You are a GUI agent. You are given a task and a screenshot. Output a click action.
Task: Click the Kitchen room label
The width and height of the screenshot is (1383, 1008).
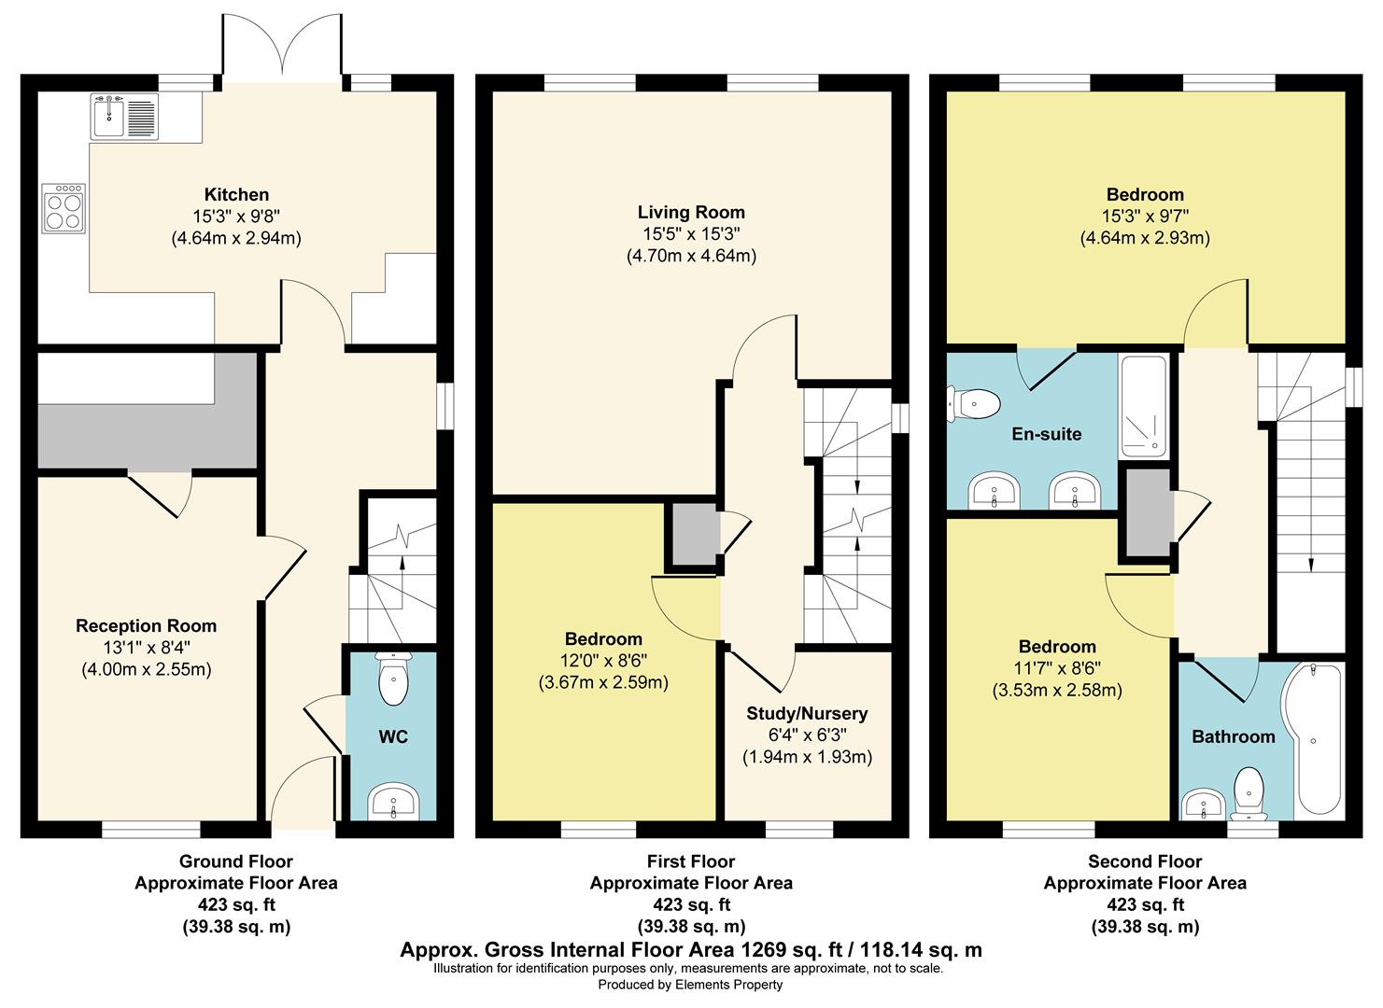236,194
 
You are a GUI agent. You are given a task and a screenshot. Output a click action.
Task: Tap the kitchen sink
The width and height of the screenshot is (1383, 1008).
125,116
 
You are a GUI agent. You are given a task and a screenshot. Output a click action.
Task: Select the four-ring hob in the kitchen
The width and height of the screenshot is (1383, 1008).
64,209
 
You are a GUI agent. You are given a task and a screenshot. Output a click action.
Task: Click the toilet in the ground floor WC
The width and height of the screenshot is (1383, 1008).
393,679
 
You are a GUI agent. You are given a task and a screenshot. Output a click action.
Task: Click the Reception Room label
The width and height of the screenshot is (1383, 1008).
147,626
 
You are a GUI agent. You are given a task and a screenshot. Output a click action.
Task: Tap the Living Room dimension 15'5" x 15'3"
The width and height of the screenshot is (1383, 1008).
691,234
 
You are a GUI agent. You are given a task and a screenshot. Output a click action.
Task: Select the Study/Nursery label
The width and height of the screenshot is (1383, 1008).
807,714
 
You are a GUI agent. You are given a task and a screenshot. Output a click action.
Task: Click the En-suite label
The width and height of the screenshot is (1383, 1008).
1047,434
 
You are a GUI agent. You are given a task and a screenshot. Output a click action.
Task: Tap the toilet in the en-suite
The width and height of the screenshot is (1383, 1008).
974,404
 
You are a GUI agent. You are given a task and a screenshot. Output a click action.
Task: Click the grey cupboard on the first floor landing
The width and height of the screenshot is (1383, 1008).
695,534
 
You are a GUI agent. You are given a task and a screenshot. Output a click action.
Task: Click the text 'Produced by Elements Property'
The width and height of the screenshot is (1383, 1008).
690,985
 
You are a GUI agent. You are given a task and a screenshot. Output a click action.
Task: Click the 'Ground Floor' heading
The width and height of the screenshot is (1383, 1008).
236,861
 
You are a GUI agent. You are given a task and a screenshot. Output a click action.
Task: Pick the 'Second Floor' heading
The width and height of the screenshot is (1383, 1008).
1145,861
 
